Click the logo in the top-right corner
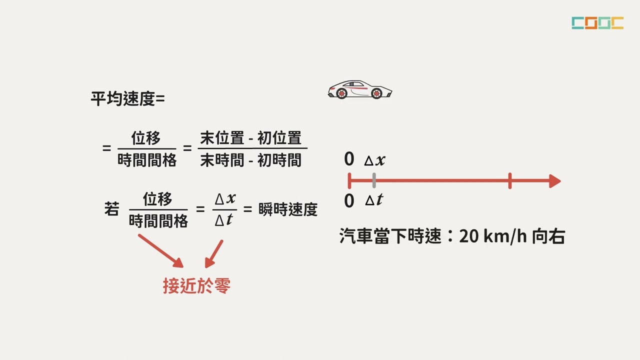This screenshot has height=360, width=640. [597, 23]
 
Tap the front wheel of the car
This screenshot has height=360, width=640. [376, 93]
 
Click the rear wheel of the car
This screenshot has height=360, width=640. [341, 93]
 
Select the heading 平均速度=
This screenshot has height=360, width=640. [127, 99]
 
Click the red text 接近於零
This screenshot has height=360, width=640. [196, 285]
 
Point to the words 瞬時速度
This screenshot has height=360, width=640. [288, 209]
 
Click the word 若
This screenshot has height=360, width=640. [111, 208]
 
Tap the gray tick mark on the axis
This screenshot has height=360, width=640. [374, 180]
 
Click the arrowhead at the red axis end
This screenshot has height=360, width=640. [555, 181]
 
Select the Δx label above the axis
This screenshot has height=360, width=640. [374, 160]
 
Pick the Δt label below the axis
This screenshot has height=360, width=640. [374, 199]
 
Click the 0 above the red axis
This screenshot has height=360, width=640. [349, 159]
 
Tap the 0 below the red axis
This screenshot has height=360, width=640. [349, 200]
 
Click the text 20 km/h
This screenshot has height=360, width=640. [493, 236]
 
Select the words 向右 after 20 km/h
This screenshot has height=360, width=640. [548, 236]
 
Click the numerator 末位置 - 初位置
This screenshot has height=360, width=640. [251, 138]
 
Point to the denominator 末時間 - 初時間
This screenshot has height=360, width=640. [251, 160]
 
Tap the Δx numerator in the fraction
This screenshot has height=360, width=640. [225, 198]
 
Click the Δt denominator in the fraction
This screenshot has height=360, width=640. [223, 220]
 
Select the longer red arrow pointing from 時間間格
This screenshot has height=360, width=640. [160, 251]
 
